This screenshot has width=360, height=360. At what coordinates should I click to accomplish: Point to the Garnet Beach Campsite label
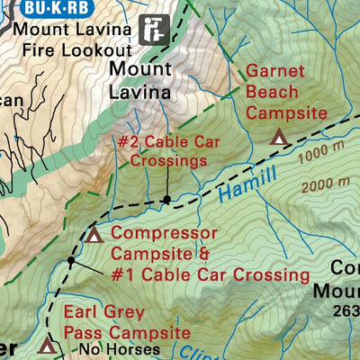pyautogui.click(x=285, y=93)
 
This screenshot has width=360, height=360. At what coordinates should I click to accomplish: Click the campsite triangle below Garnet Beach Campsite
pyautogui.click(x=279, y=137)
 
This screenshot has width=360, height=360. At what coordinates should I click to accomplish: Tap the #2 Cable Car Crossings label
pyautogui.click(x=163, y=151)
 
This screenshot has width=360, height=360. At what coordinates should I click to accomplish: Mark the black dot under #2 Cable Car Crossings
pyautogui.click(x=166, y=198)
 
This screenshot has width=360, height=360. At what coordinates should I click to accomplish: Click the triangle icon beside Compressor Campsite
pyautogui.click(x=94, y=236)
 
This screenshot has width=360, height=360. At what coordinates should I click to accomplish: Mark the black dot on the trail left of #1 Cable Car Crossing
pyautogui.click(x=71, y=261)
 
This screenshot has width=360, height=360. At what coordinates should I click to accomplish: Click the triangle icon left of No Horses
pyautogui.click(x=47, y=345)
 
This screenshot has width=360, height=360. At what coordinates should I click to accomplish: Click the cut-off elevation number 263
pyautogui.click(x=345, y=312)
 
